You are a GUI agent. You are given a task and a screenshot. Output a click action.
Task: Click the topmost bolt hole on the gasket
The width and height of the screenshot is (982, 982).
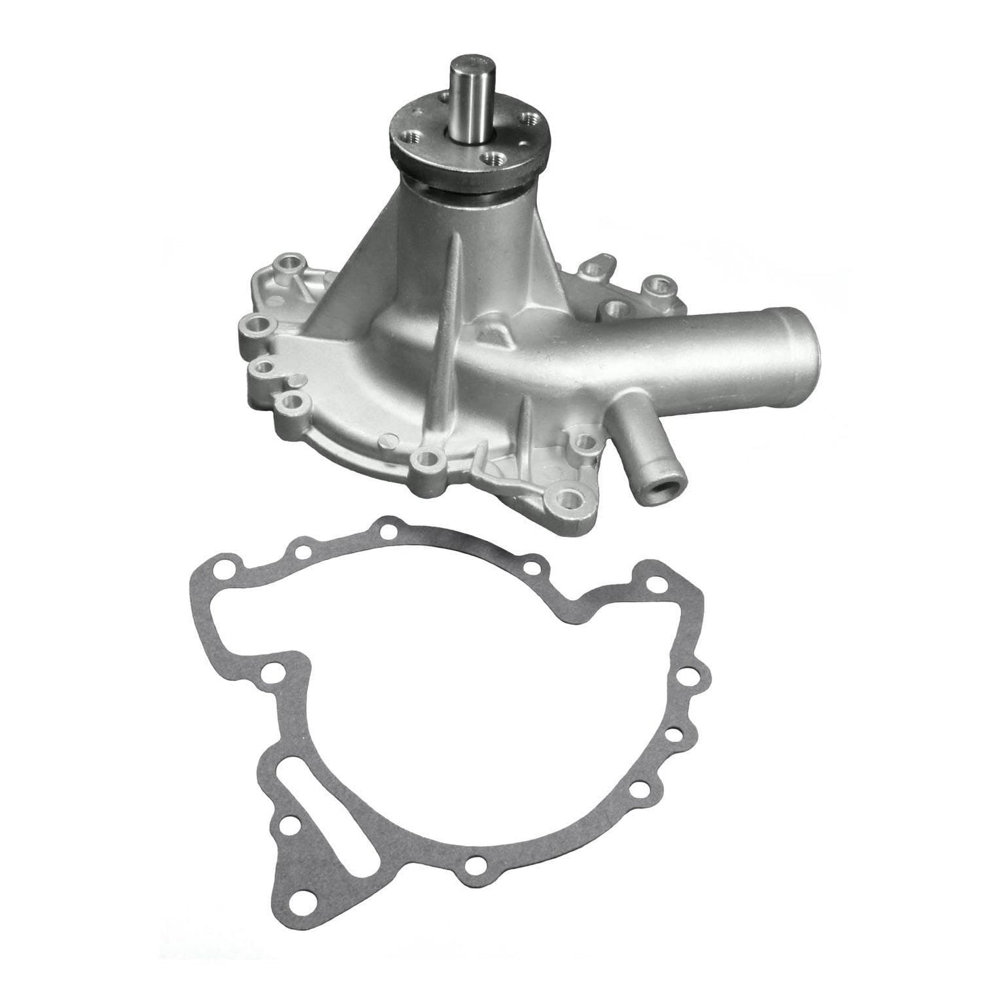388,529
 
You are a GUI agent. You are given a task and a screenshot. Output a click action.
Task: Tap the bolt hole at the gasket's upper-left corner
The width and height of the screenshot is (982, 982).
220,568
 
